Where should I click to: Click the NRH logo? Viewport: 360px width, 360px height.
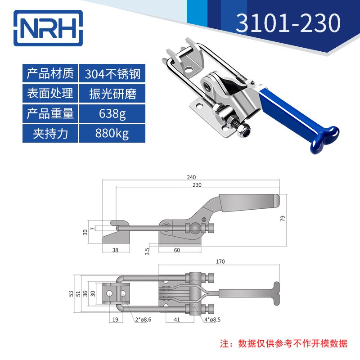(x=48, y=28)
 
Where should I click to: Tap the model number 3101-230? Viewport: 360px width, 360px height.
(x=288, y=23)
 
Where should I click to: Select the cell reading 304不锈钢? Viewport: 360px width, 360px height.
(x=112, y=73)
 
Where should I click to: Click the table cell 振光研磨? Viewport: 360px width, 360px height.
(x=112, y=94)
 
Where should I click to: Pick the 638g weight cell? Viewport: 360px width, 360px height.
(x=112, y=114)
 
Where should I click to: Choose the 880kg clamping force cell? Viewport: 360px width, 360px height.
(x=112, y=133)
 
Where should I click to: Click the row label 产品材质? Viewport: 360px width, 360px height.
(x=50, y=73)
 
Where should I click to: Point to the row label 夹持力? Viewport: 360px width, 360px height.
(x=50, y=133)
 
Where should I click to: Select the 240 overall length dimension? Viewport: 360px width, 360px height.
(x=191, y=177)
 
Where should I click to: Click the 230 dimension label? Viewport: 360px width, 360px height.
(x=197, y=185)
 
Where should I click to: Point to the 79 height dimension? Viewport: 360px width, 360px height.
(x=283, y=218)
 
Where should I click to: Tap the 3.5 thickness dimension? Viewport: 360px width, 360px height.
(x=147, y=252)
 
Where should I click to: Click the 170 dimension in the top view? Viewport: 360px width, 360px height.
(x=220, y=261)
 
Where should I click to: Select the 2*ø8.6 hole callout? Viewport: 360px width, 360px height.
(x=143, y=319)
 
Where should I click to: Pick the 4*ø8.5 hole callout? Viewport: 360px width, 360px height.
(x=212, y=319)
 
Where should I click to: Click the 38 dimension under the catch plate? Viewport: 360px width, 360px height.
(x=115, y=250)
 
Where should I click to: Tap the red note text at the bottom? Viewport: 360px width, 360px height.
(x=283, y=343)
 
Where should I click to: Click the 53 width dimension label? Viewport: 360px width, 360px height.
(x=71, y=294)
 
